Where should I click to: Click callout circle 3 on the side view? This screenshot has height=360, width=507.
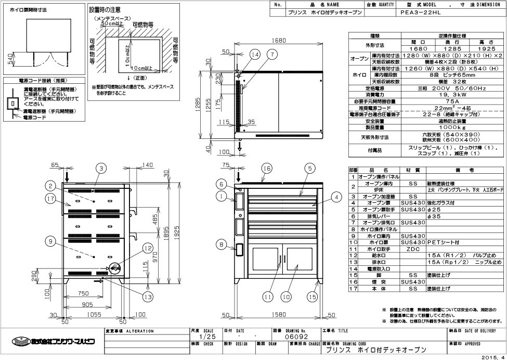(x=101, y=168)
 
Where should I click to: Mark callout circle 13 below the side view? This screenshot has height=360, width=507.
(x=148, y=297)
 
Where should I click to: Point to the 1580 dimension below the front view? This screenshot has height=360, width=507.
(x=279, y=314)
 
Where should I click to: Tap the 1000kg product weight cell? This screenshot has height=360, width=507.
(x=426, y=127)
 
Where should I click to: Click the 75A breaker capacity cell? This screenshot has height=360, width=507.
(x=426, y=101)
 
